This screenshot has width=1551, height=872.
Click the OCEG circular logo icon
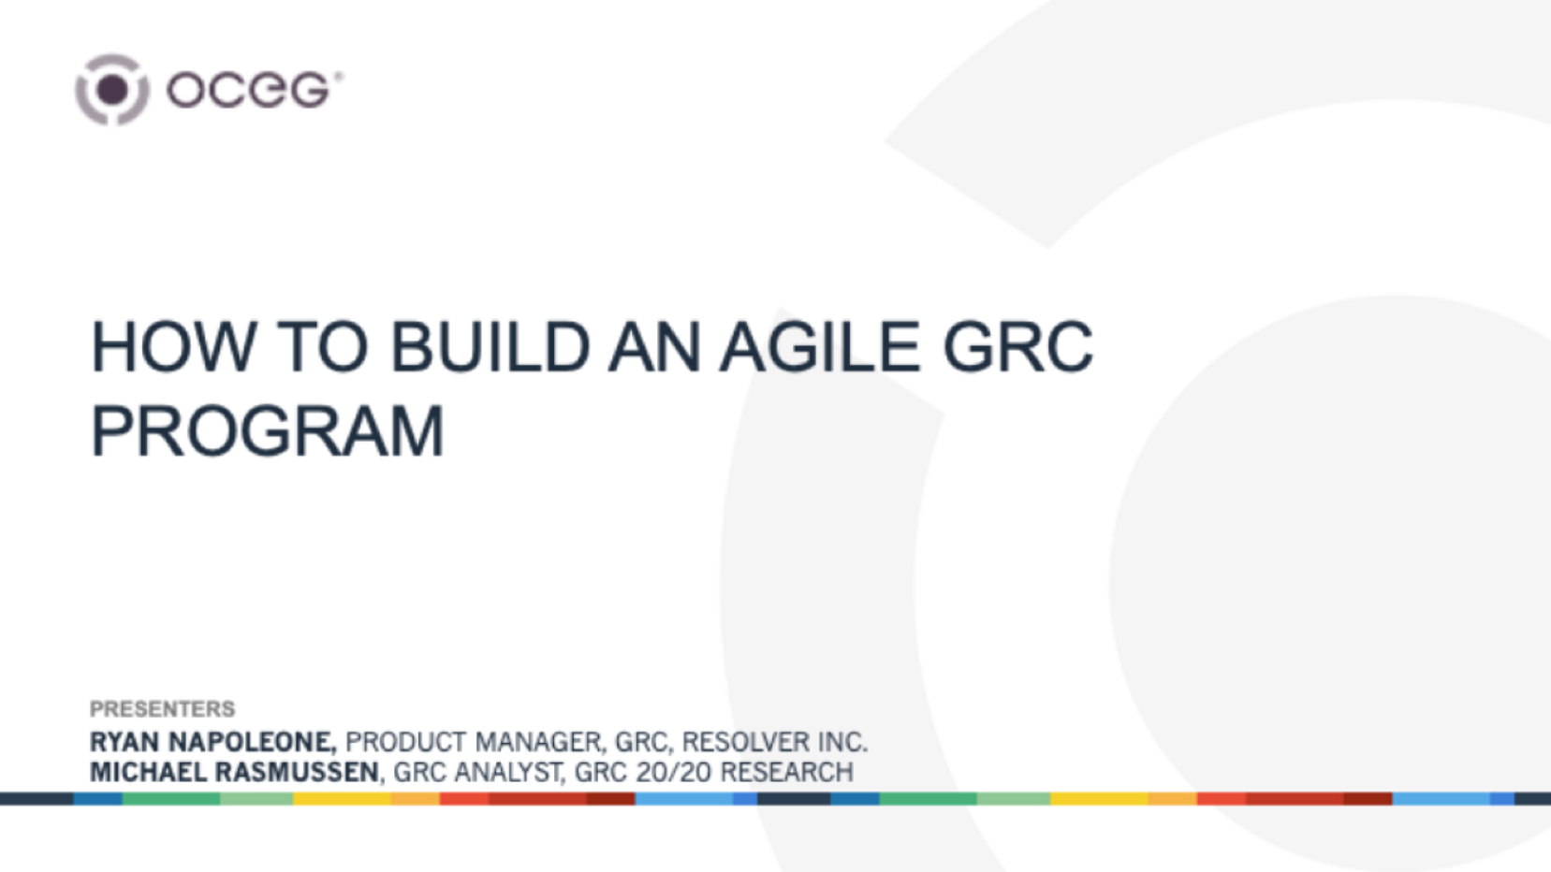coord(112,90)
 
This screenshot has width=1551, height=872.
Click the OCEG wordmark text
coord(248,91)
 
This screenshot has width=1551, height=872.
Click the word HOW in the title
coord(172,347)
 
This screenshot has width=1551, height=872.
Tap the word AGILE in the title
coord(820,347)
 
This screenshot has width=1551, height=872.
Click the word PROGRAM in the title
coord(267,431)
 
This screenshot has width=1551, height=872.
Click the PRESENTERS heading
coord(162,708)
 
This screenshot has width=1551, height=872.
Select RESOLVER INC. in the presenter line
coord(774,742)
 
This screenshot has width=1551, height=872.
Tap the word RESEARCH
coord(786,772)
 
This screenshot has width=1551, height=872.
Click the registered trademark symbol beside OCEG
coord(339,75)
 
